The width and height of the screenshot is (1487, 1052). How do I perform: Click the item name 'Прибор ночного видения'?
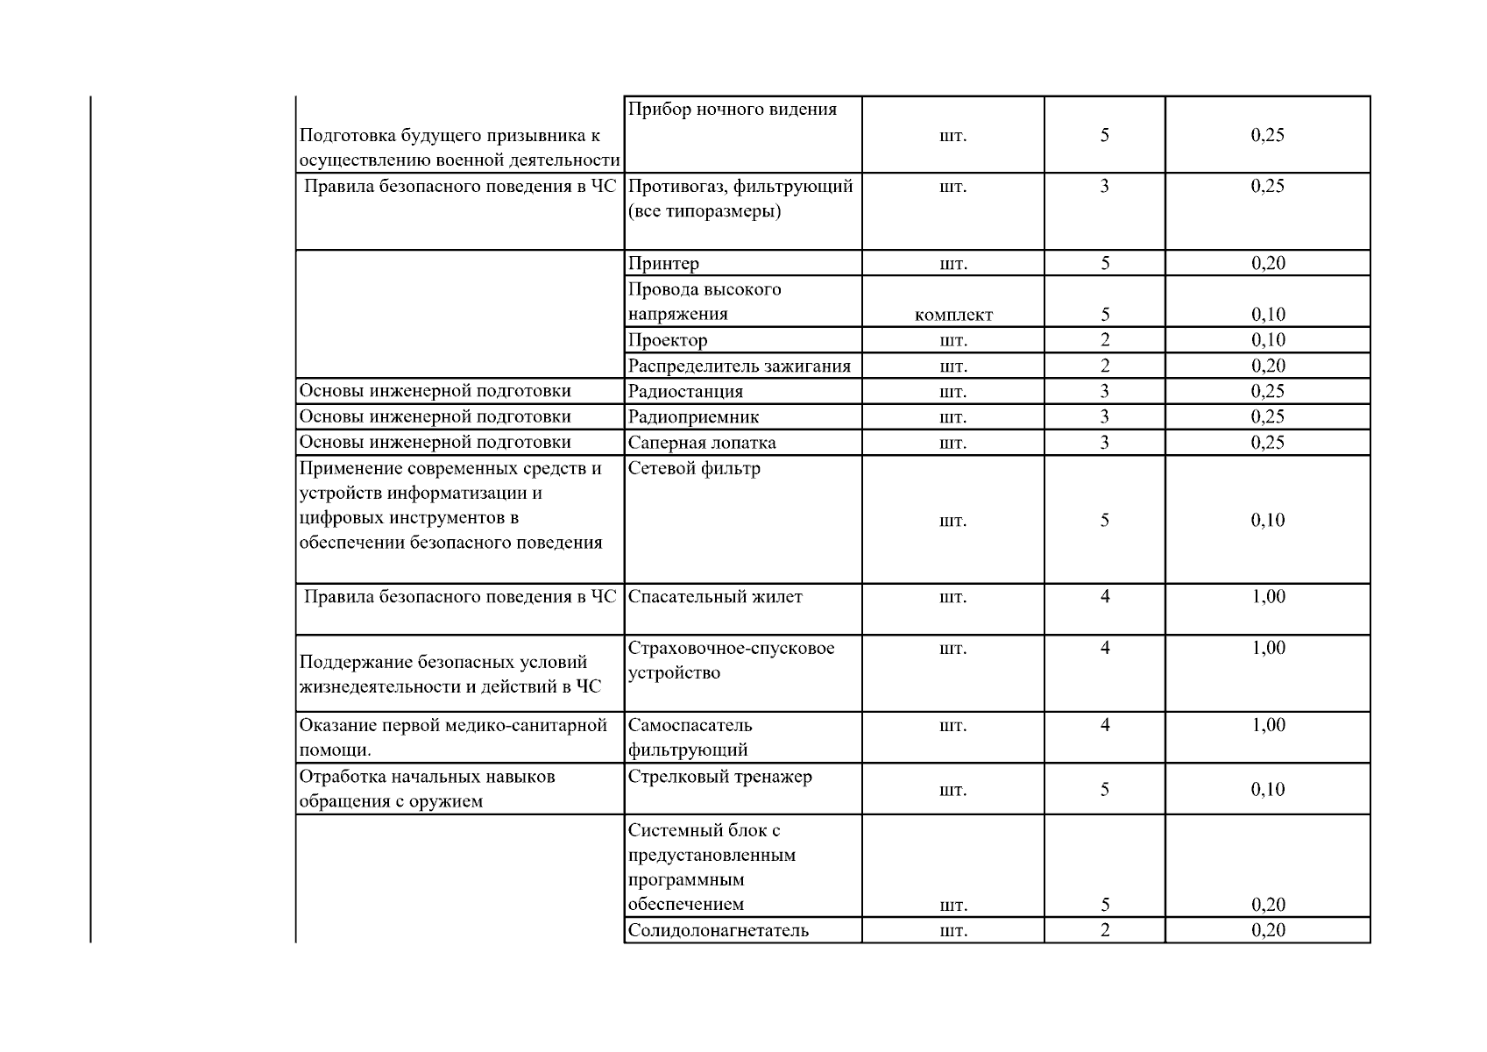coord(733,110)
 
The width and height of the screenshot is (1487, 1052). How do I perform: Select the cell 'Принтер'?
coord(663,264)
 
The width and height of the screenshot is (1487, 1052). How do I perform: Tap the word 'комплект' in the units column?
coord(953,315)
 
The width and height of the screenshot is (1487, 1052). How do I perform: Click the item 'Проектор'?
coord(668,340)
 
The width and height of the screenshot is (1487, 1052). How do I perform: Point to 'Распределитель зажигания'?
coord(740,366)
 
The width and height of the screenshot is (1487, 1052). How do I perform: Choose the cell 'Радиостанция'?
coord(685,391)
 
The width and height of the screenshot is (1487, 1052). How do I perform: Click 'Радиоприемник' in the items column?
coord(693,416)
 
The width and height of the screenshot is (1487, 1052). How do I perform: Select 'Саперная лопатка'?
coord(702,443)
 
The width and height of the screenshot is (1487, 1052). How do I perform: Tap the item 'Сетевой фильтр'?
coord(694,468)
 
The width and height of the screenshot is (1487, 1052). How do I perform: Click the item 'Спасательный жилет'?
coord(715,597)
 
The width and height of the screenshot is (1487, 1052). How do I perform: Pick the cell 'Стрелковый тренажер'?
coord(719,777)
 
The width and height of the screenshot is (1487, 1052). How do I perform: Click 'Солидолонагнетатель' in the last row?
coord(719,930)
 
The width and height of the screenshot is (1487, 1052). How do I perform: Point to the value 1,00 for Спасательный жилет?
coord(1268,597)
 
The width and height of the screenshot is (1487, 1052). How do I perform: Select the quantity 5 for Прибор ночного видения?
coord(1105,135)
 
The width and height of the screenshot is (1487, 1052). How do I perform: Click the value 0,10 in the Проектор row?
coord(1268,340)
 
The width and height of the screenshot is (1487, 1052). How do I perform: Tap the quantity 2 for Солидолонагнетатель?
coord(1105,930)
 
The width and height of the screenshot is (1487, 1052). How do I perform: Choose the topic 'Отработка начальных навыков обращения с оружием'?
coord(428,789)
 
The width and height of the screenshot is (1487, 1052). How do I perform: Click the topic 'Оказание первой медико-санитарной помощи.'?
coord(453,737)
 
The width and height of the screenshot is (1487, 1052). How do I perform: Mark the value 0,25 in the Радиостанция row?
coord(1268,391)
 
